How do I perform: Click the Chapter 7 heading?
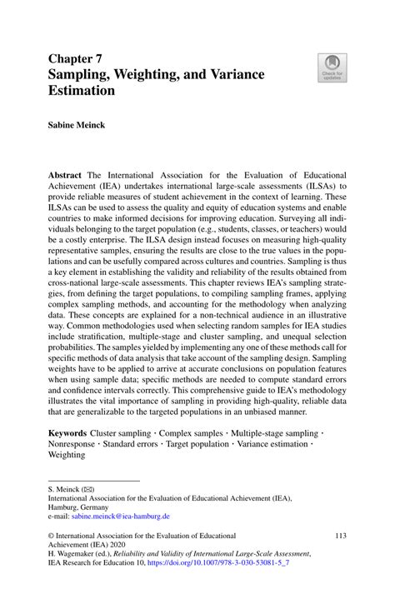[76, 59]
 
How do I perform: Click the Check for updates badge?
[332, 68]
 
